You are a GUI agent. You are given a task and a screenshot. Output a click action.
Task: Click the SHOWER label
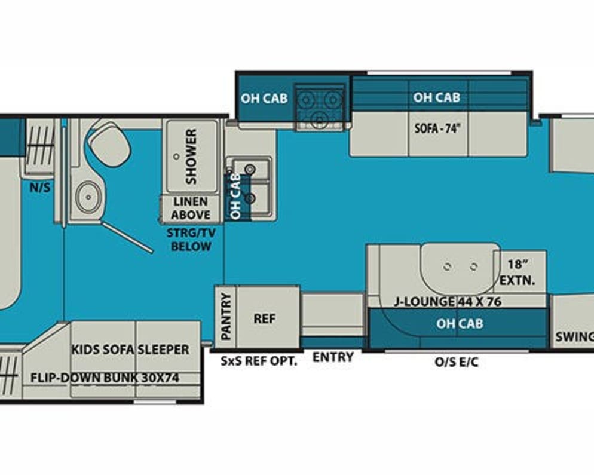click(x=191, y=157)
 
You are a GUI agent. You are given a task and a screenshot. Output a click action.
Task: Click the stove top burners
click(x=322, y=108)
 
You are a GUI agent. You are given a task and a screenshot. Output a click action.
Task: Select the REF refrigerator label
click(x=265, y=318)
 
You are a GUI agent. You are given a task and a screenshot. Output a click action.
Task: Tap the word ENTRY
click(x=333, y=357)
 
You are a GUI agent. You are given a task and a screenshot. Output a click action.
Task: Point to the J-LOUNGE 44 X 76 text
click(x=448, y=302)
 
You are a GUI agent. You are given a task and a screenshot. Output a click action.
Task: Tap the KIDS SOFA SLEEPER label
click(x=130, y=349)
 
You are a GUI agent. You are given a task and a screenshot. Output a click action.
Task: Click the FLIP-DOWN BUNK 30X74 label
click(x=105, y=378)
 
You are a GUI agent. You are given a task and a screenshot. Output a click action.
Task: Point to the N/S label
click(x=41, y=188)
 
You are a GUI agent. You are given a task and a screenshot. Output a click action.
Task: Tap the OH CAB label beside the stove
click(x=264, y=99)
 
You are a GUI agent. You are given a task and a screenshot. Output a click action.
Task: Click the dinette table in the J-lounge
click(x=459, y=265)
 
